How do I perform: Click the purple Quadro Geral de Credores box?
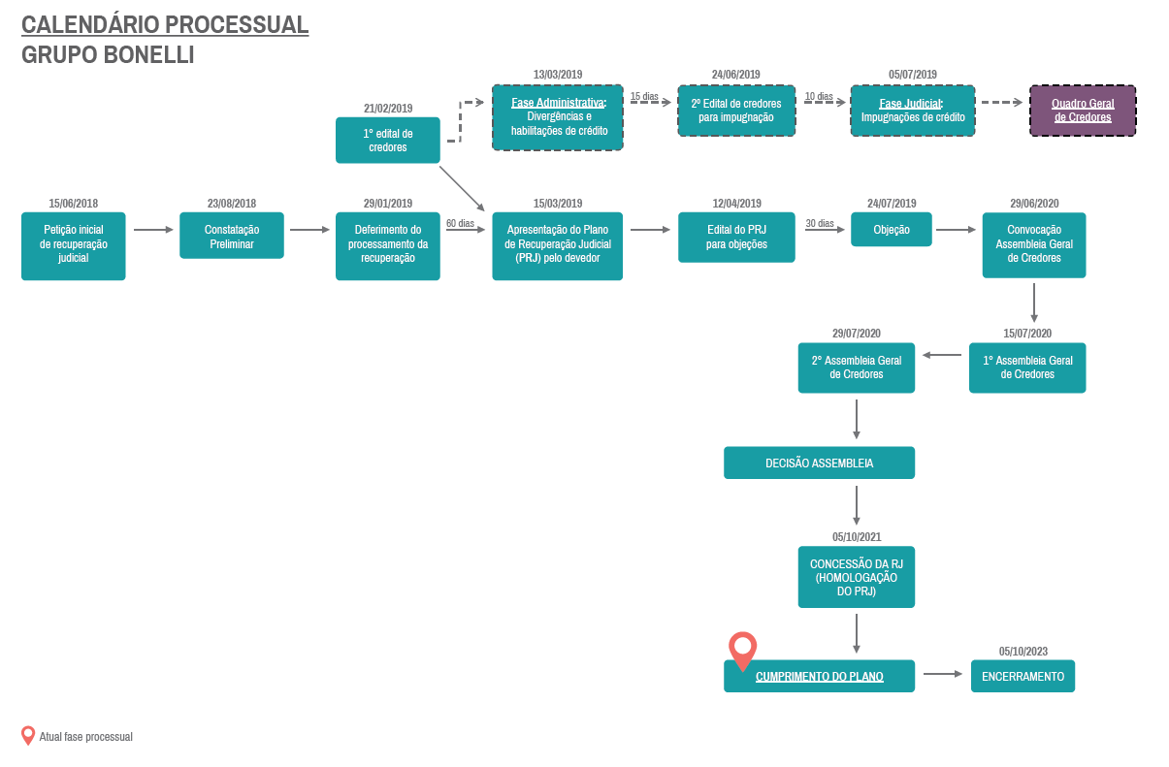pyautogui.click(x=1083, y=111)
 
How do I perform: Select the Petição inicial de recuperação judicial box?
pyautogui.click(x=74, y=245)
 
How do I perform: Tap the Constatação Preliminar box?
pyautogui.click(x=232, y=236)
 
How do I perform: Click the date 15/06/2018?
pyautogui.click(x=74, y=204)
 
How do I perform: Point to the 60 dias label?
pyautogui.click(x=460, y=223)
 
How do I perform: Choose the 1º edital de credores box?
pyautogui.click(x=388, y=141)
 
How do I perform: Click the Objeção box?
pyautogui.click(x=892, y=229)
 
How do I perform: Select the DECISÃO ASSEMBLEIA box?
pyautogui.click(x=820, y=463)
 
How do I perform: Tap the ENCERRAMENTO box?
pyautogui.click(x=1023, y=676)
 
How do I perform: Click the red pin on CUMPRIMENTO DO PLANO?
pyautogui.click(x=742, y=650)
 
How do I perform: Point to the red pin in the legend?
pyautogui.click(x=28, y=736)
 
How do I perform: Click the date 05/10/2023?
pyautogui.click(x=1023, y=652)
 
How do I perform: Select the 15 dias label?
pyautogui.click(x=644, y=97)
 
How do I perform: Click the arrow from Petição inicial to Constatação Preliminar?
pyautogui.click(x=153, y=230)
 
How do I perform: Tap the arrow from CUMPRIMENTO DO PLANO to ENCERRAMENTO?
pyautogui.click(x=943, y=674)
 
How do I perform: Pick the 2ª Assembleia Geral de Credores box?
pyautogui.click(x=857, y=368)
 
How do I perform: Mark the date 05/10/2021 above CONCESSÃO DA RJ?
pyautogui.click(x=857, y=537)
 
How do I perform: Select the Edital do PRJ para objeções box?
pyautogui.click(x=736, y=237)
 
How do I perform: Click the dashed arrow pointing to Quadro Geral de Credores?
pyautogui.click(x=1001, y=102)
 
